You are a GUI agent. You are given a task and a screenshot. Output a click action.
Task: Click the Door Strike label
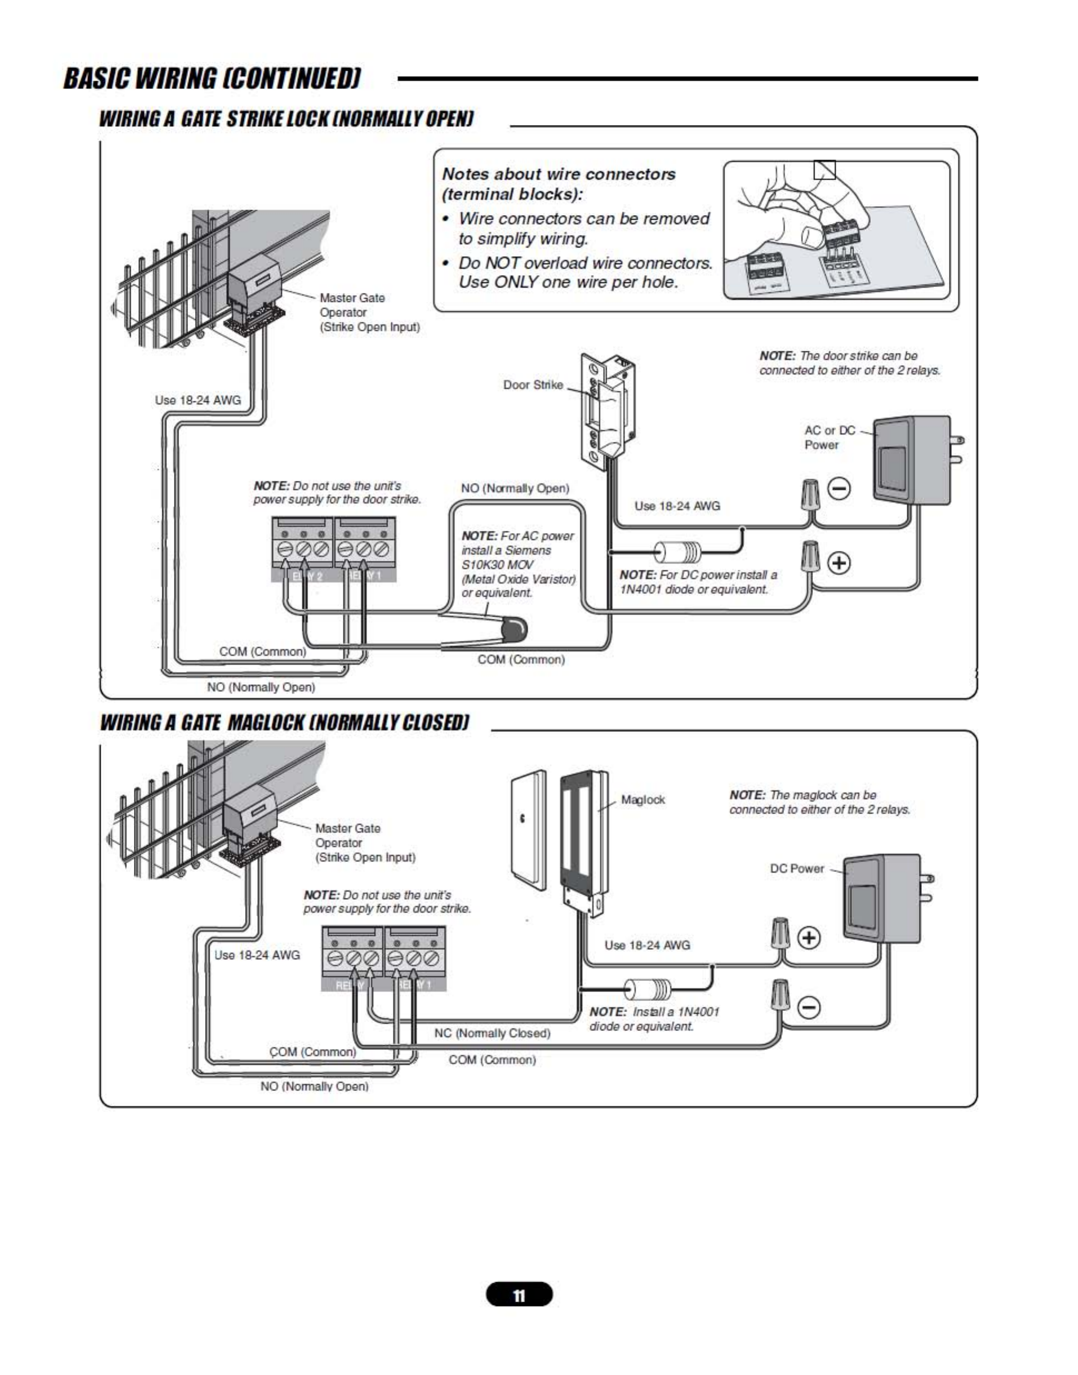coord(533,385)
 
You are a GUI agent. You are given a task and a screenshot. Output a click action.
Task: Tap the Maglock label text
coord(642,800)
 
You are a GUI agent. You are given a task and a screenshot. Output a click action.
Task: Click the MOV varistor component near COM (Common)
coord(514,629)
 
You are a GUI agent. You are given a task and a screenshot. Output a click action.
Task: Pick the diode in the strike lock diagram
coord(677,552)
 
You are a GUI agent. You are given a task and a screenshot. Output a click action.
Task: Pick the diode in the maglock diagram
coord(647,989)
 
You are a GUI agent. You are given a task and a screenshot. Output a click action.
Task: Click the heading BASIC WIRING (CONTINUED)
coord(212,78)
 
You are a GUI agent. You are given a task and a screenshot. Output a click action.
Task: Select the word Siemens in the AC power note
coord(528,551)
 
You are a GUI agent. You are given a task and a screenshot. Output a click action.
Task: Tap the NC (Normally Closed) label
coord(492,1033)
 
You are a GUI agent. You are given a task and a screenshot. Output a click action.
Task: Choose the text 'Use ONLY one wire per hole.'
coord(568,282)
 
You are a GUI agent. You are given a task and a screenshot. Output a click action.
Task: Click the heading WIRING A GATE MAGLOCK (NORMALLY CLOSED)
coord(285,723)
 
